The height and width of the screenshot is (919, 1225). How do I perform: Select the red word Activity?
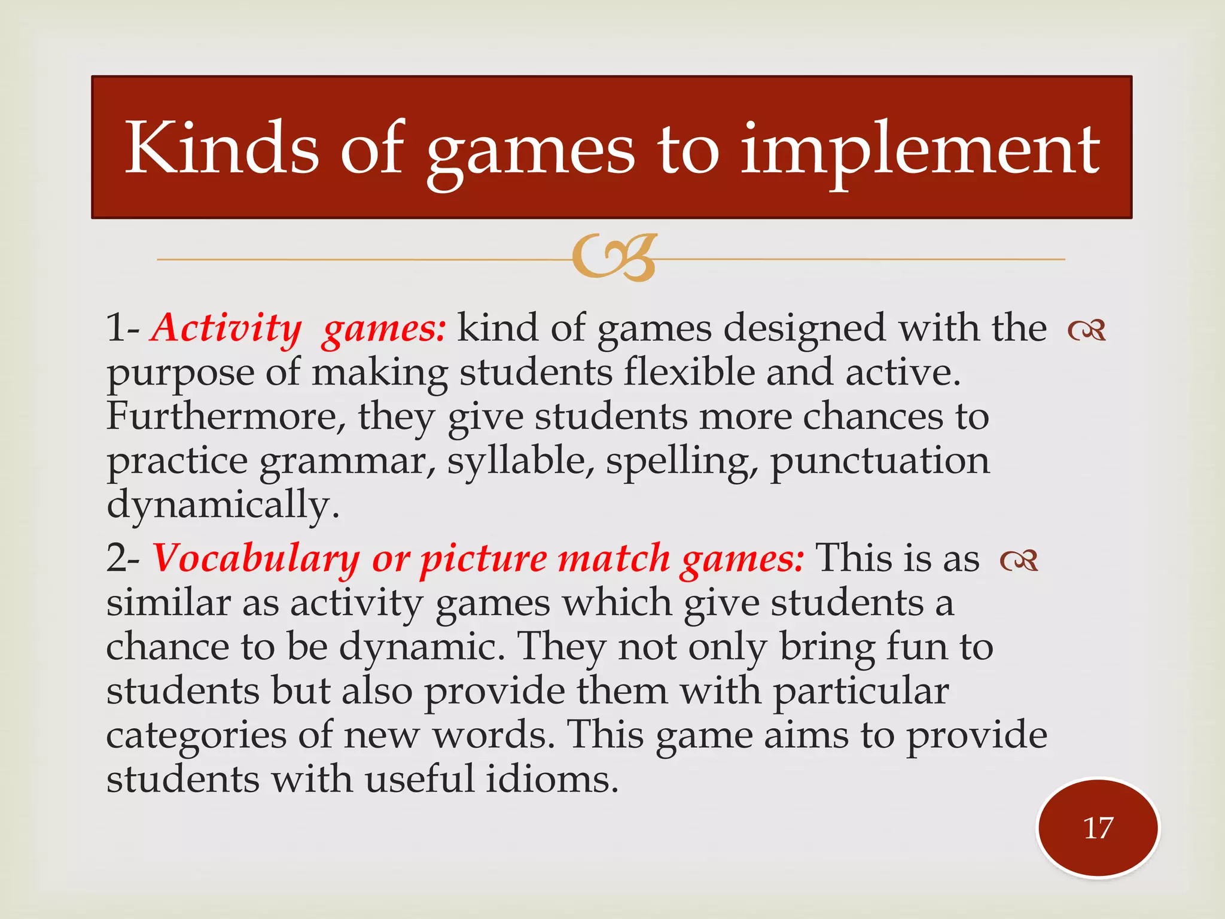226,328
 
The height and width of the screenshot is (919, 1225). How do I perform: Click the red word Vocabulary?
256,559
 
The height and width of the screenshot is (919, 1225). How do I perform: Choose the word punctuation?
879,462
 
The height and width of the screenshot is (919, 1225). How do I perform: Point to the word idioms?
551,780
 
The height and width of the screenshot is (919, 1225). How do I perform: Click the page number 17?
1098,828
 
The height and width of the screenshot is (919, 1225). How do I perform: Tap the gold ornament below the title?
614,258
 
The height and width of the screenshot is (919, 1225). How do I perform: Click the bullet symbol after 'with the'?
1087,330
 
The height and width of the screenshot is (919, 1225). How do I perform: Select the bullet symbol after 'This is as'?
1019,561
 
